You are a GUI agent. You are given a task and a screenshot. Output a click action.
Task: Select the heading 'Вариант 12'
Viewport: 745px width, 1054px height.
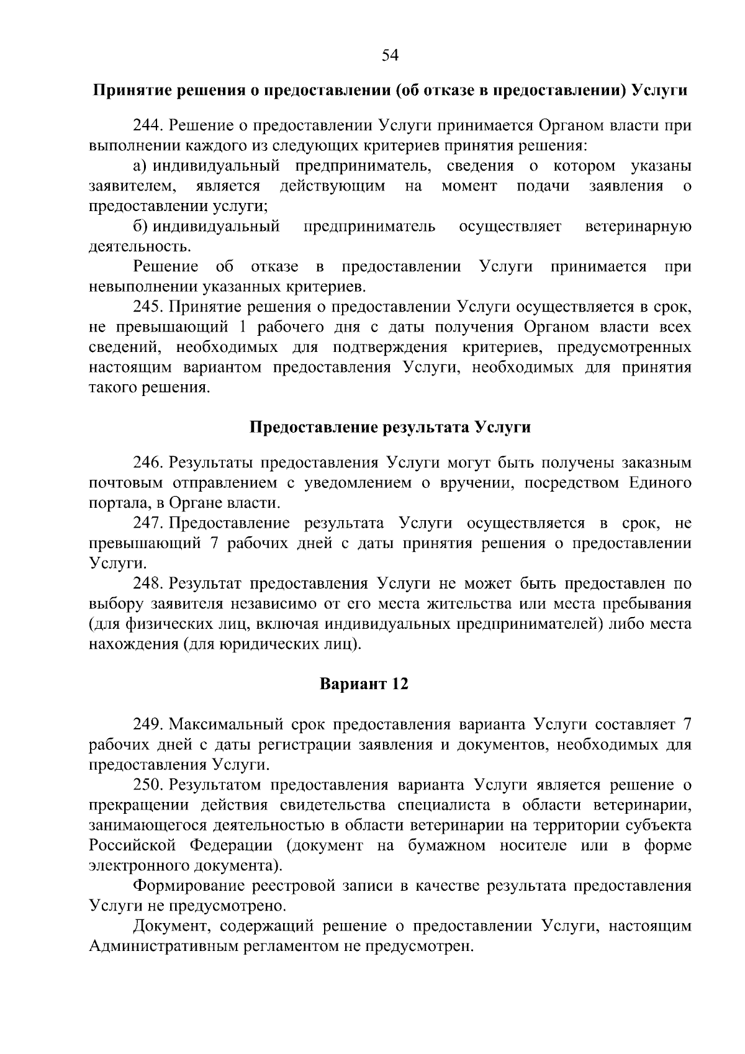coord(364,684)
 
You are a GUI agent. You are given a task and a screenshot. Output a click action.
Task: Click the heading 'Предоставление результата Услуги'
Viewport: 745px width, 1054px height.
coord(391,428)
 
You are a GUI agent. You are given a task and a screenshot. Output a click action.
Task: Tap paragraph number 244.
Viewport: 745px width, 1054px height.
coord(148,125)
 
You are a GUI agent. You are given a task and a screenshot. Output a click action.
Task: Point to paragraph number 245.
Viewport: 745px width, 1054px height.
coord(148,307)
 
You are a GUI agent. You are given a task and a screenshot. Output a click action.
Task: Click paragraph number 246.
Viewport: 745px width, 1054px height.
coord(148,463)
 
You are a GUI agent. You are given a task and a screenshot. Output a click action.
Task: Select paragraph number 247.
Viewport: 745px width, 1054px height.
coord(148,523)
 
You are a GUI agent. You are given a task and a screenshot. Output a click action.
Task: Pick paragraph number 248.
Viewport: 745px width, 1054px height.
coord(148,583)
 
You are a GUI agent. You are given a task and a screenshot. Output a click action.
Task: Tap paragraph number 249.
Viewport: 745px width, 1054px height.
coord(148,724)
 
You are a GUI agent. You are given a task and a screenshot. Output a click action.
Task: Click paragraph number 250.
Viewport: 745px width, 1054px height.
coord(148,785)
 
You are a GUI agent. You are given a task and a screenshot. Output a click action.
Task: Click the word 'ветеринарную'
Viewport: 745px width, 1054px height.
coord(638,227)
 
